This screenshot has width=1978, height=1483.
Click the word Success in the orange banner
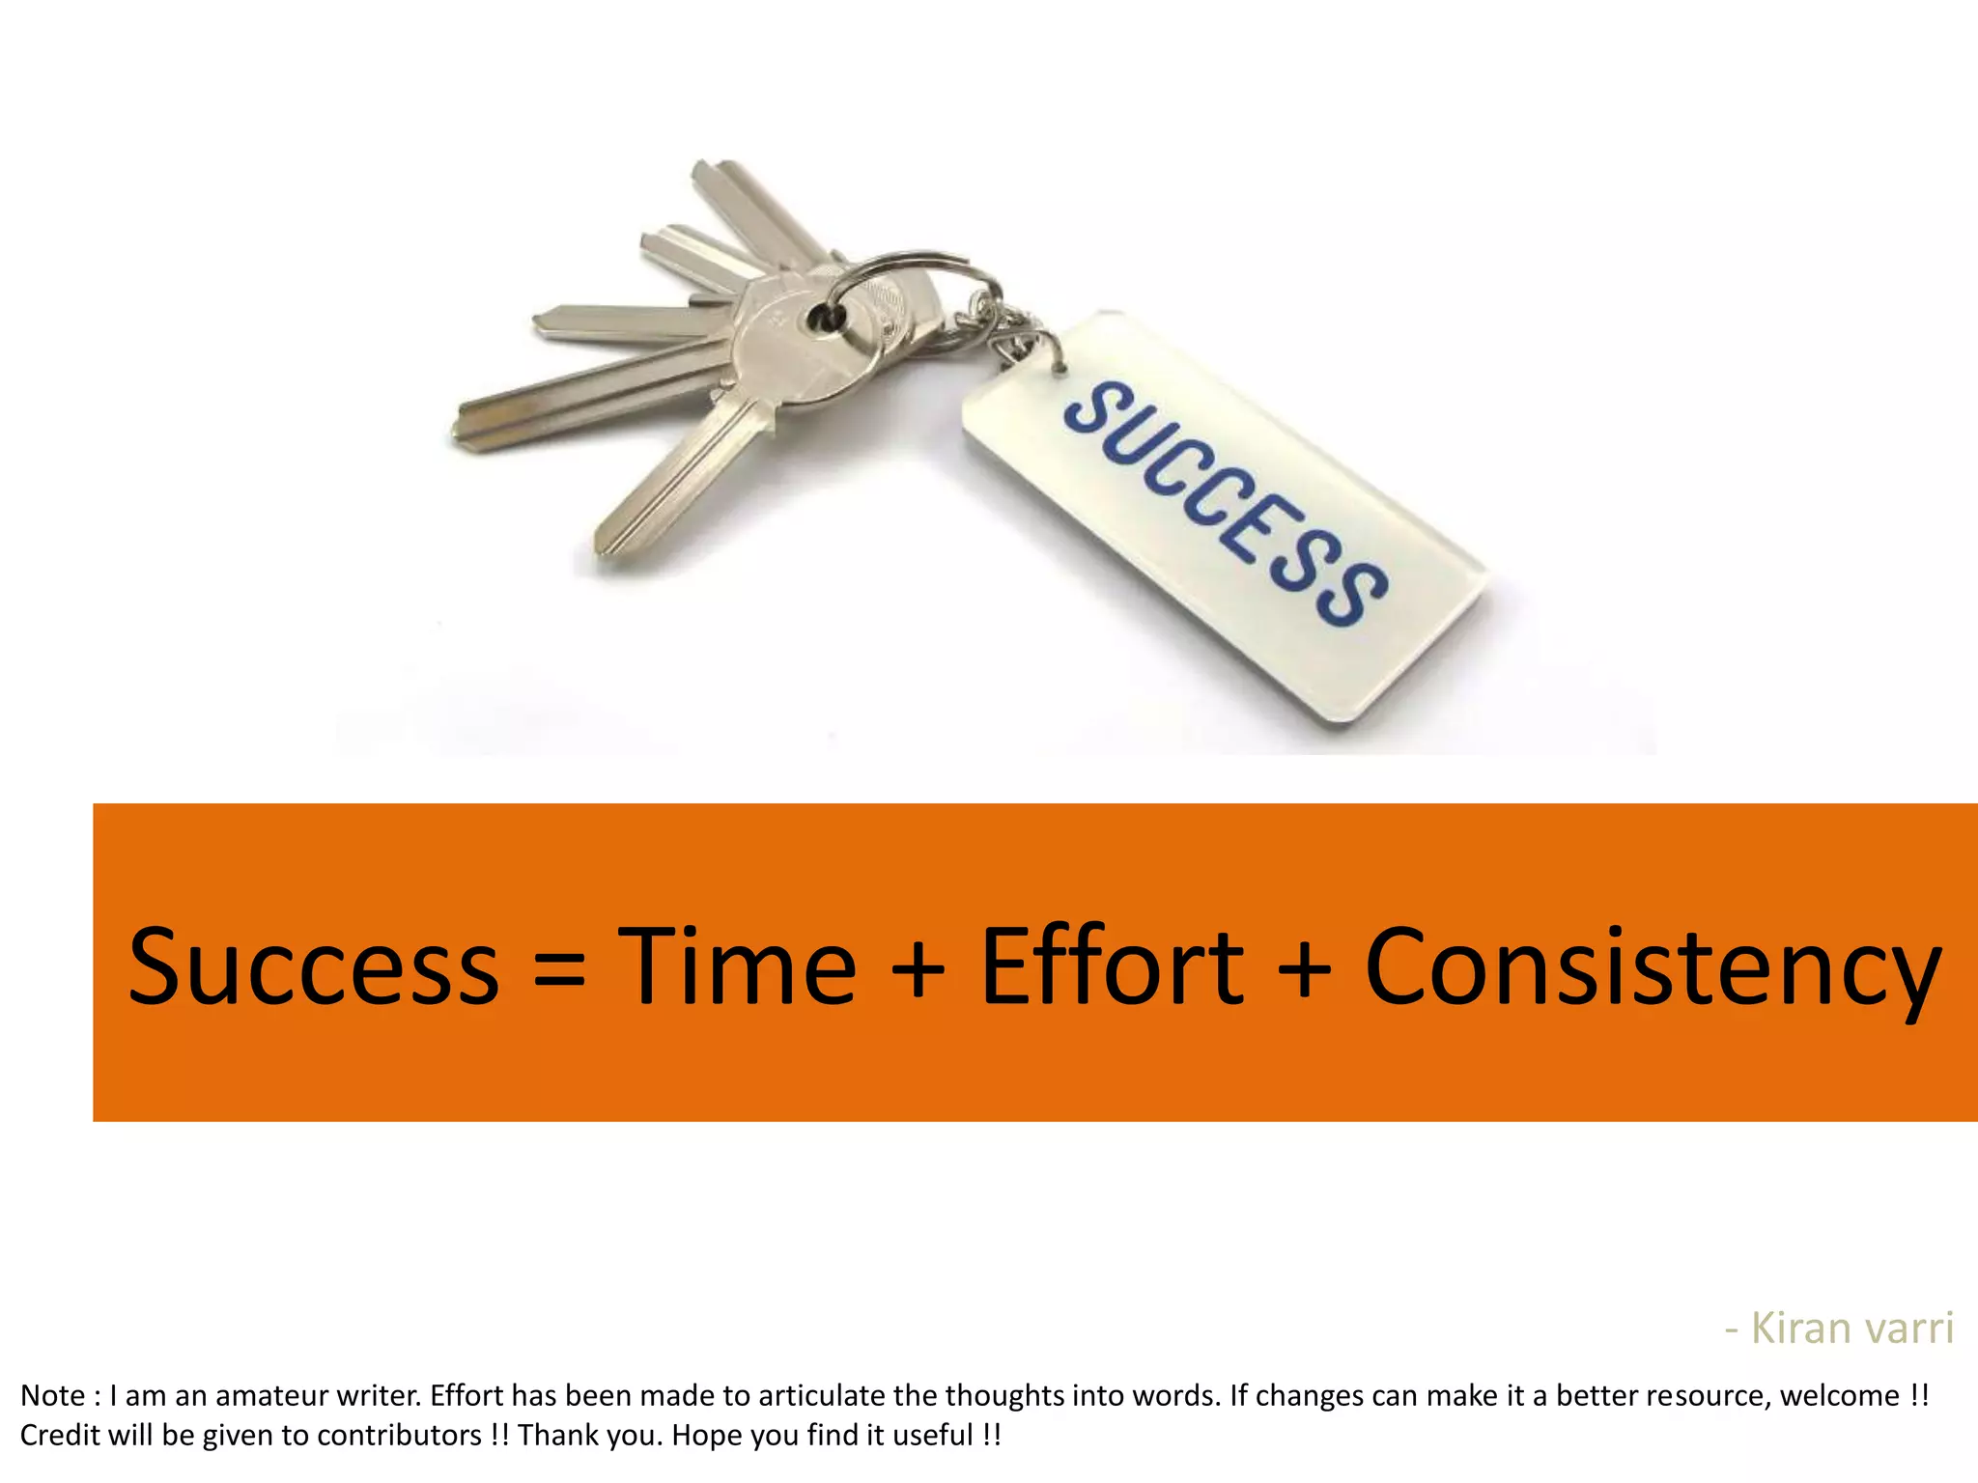(x=314, y=965)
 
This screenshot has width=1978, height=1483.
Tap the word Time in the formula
(x=737, y=965)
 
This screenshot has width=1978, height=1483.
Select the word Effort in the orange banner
(x=1112, y=965)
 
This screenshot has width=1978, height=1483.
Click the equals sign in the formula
(x=559, y=969)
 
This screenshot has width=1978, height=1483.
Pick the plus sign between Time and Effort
(x=918, y=969)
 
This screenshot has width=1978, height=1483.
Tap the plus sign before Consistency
(x=1304, y=969)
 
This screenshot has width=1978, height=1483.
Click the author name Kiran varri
(x=1851, y=1329)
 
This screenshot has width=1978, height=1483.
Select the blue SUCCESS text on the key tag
(x=1227, y=503)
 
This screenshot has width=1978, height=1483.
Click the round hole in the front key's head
(x=824, y=316)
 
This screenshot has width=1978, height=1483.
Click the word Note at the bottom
(x=54, y=1396)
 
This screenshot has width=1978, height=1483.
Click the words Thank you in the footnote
(x=589, y=1436)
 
